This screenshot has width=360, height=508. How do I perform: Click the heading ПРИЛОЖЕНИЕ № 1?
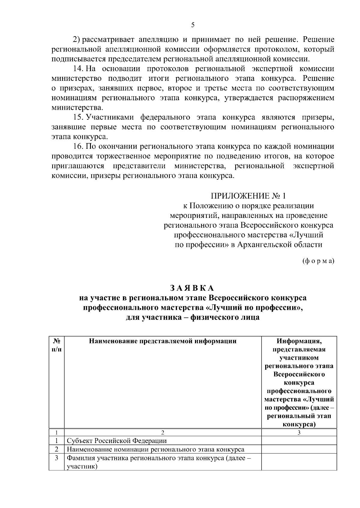click(248, 196)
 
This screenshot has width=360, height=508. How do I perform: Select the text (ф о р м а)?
click(318, 261)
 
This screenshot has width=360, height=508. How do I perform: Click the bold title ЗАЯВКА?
click(192, 288)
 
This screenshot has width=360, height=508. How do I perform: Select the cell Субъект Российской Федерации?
click(117, 441)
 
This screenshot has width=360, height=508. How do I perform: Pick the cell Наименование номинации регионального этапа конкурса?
click(155, 449)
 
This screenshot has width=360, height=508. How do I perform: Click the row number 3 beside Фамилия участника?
click(57, 458)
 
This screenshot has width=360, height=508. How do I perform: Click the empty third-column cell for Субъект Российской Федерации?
click(299, 441)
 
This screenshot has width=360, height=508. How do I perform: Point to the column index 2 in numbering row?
click(163, 433)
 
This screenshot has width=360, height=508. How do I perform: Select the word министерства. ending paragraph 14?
click(77, 107)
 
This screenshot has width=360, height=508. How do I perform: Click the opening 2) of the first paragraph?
click(77, 40)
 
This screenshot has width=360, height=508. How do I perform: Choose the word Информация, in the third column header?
click(299, 341)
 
